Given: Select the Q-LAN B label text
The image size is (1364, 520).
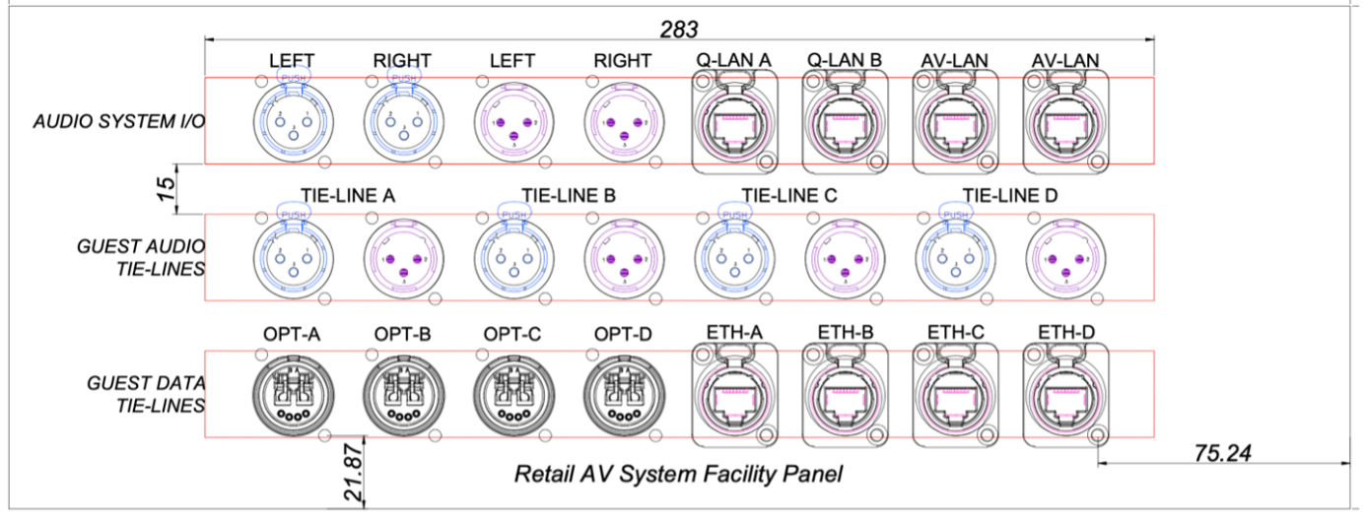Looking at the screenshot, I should point(844,60).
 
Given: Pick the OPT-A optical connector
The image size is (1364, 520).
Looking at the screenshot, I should point(293,394).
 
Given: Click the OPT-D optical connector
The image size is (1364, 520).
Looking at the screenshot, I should point(622,394).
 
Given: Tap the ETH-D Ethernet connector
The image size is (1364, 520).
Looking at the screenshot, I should point(1063,394).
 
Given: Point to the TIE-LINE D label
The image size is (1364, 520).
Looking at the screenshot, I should point(1010,196).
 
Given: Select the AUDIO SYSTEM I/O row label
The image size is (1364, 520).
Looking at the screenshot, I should point(111,122).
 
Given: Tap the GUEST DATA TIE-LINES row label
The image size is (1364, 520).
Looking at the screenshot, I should point(146,394).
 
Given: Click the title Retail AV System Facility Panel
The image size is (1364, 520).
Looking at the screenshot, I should point(678,475).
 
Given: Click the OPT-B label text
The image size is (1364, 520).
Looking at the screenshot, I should point(402,334).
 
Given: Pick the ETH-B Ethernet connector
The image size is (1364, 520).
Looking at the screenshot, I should point(843,394).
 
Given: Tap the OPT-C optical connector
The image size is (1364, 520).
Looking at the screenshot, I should point(512,394).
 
